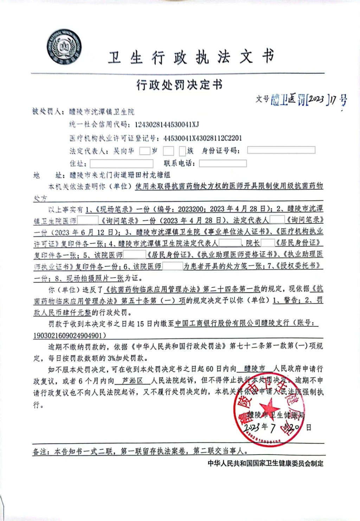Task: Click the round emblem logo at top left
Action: (x=64, y=47)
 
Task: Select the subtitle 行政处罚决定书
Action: (x=179, y=85)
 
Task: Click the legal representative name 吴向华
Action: (x=124, y=151)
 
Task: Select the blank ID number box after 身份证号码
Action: (x=281, y=150)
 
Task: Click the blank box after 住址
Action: (x=121, y=164)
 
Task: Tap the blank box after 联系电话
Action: (x=223, y=163)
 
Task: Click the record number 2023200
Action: (x=190, y=209)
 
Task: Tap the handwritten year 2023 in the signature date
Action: (x=252, y=427)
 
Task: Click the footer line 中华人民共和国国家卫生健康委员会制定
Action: (x=265, y=463)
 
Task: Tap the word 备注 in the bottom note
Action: (x=40, y=452)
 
